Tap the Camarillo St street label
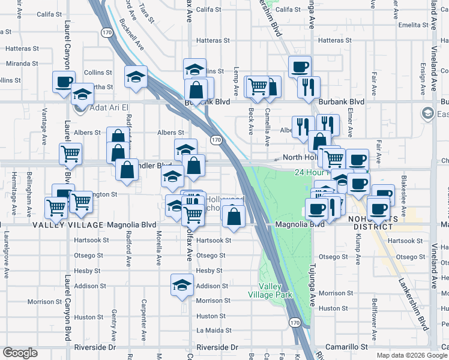coord(346,347)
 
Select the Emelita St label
coord(412,25)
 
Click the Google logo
coord(20,352)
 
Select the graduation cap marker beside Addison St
coord(182,284)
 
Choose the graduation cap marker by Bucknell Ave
coord(136,76)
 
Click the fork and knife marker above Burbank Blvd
coord(309,87)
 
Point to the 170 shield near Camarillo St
coord(294,323)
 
